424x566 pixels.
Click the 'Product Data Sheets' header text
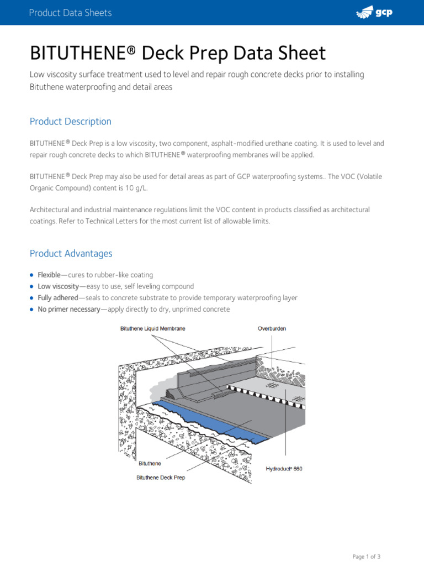click(x=70, y=13)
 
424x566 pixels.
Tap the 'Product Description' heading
click(x=70, y=122)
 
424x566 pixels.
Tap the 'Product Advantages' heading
click(x=71, y=254)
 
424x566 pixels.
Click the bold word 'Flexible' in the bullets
click(x=49, y=275)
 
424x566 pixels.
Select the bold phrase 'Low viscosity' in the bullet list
click(x=58, y=286)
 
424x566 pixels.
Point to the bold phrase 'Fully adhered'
click(x=57, y=298)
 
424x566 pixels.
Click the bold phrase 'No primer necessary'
click(x=69, y=310)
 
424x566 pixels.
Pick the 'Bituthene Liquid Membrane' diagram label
click(x=153, y=328)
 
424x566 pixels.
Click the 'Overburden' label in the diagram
click(x=272, y=328)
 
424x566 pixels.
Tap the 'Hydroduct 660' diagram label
click(x=284, y=469)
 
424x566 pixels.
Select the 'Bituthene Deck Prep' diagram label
click(x=161, y=478)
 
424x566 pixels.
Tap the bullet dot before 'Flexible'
click(x=32, y=275)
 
